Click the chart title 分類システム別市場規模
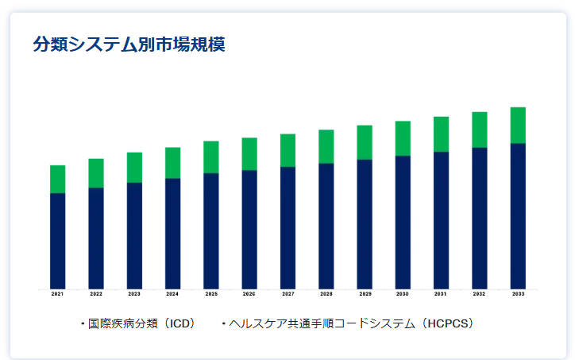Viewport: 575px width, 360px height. point(129,45)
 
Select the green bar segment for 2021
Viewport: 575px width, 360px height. point(57,179)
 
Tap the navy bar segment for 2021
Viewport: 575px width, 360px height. point(57,240)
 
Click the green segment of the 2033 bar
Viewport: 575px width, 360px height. point(518,125)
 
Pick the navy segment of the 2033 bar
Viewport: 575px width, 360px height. point(518,215)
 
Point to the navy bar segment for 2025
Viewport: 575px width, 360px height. point(211,230)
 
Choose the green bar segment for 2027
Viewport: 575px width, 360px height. point(287,150)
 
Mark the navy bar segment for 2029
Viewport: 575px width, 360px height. point(365,223)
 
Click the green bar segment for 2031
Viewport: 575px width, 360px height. point(441,134)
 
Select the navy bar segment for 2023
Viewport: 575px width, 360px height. point(134,235)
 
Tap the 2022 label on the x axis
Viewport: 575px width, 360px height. point(96,294)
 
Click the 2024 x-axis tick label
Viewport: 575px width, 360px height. point(172,294)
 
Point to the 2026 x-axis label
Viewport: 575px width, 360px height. point(249,294)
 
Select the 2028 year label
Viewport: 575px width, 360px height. point(326,294)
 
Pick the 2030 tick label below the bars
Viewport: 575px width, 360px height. point(403,294)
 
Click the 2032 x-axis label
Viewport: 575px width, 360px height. point(480,294)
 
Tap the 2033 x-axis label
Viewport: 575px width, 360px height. point(518,294)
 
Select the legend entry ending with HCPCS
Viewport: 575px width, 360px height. point(349,323)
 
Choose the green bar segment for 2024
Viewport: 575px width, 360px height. point(172,163)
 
